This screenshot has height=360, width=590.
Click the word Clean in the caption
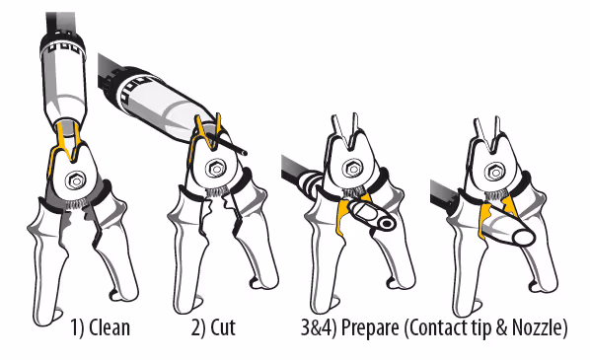pos(110,327)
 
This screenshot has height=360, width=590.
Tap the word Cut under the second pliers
pos(223,327)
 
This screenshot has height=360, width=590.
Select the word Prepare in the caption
pos(370,328)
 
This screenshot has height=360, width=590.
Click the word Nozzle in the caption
pos(536,327)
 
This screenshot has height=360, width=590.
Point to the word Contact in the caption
pos(438,327)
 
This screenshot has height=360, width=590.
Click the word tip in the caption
pos(480,328)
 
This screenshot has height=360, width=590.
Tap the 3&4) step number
pos(319,328)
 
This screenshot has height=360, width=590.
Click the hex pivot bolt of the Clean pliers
pos(76,180)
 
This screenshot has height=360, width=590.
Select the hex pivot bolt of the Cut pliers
pos(216,169)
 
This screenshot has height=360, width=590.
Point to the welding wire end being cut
pos(245,153)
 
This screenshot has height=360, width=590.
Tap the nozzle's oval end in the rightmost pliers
pos(523,237)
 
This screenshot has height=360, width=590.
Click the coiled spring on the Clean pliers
pos(78,205)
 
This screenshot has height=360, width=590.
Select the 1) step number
pos(78,328)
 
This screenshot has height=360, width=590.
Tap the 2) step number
pos(198,328)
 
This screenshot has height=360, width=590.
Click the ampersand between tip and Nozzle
pos(501,327)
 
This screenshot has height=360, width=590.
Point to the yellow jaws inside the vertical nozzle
pos(68,142)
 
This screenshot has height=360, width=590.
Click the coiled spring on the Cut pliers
pos(216,192)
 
